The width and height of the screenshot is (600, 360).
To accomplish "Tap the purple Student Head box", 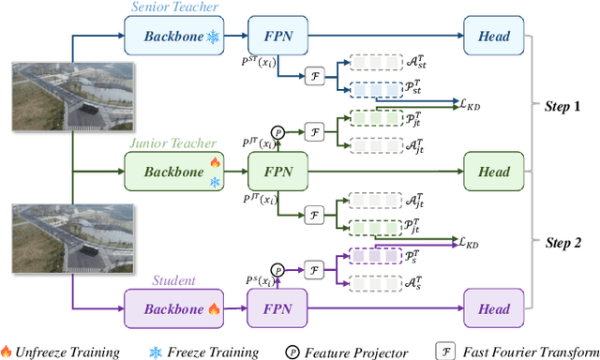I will click(x=492, y=308).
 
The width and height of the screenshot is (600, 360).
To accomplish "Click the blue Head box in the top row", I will click(x=492, y=36).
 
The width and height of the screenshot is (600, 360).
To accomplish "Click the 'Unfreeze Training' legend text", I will click(x=67, y=352).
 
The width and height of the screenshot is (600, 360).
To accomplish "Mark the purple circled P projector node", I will click(x=277, y=268).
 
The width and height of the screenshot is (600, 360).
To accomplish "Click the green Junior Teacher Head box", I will click(x=492, y=172).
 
